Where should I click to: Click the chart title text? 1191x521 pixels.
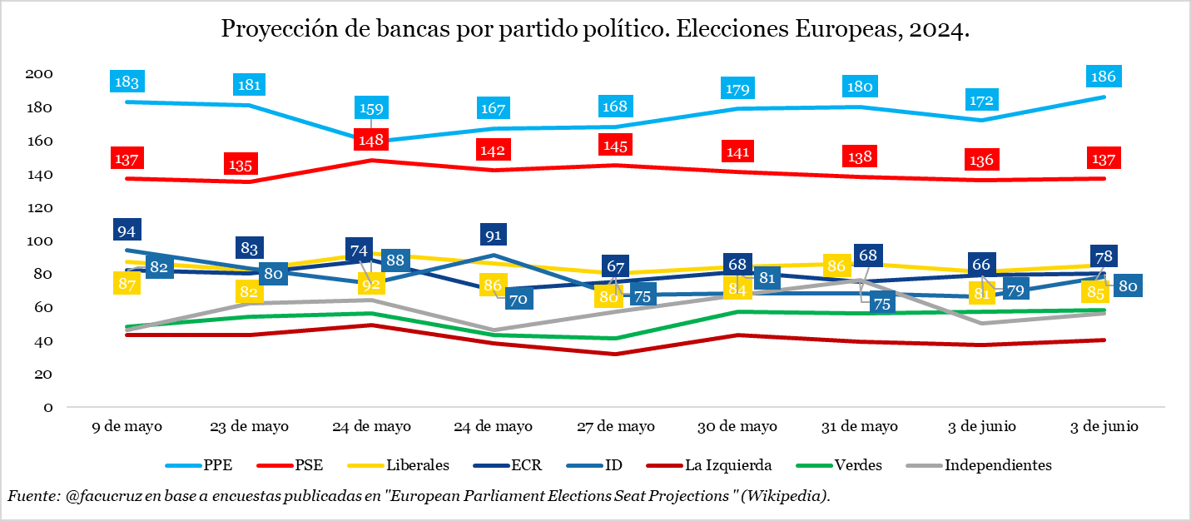tap(595, 30)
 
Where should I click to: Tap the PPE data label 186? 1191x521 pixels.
tap(1104, 76)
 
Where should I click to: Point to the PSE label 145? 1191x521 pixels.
tap(616, 144)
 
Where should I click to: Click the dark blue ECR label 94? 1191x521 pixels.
tap(127, 231)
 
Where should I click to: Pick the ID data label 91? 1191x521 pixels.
tap(494, 234)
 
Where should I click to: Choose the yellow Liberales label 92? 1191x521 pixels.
tap(371, 283)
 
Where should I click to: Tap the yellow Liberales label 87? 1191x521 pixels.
tap(127, 283)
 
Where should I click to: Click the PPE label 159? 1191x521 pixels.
tap(371, 107)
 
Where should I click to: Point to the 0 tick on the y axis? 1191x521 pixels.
tap(48, 407)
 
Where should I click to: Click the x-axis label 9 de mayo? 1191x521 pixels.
tap(127, 426)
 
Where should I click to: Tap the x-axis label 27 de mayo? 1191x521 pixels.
tap(616, 426)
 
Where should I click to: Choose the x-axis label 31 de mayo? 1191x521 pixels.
tap(860, 426)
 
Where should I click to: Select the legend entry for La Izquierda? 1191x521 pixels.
tap(729, 465)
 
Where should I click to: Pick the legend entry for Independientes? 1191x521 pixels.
tap(998, 465)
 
